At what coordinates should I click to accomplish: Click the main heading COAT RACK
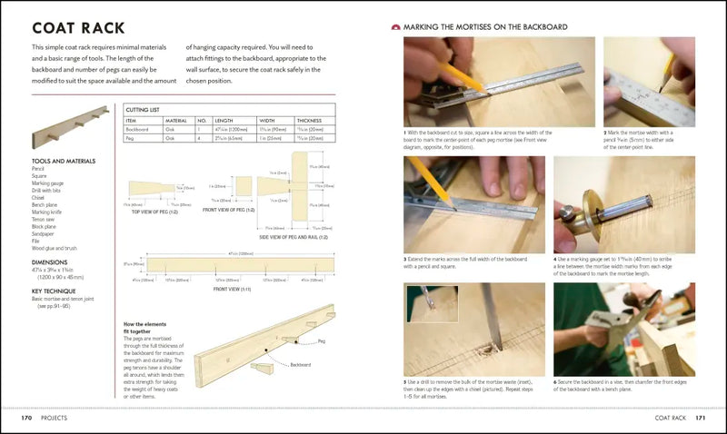tap(78, 28)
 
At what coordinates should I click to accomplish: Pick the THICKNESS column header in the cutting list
tap(309, 120)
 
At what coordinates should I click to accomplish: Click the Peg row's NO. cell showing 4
tap(201, 140)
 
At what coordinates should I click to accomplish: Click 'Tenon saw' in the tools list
tap(44, 215)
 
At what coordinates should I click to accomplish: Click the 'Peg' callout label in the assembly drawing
tap(321, 342)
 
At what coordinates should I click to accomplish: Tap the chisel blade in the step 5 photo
tap(488, 313)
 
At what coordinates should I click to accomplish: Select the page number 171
tap(700, 418)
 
